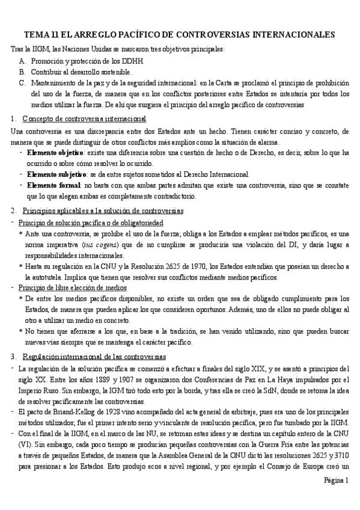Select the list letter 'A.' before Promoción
pyautogui.click(x=22, y=61)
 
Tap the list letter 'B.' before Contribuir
pyautogui.click(x=22, y=72)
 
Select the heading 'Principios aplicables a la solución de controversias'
pyautogui.click(x=102, y=210)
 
